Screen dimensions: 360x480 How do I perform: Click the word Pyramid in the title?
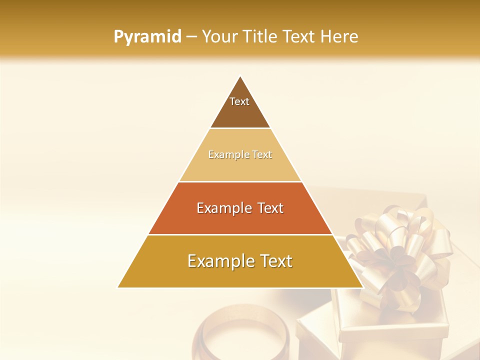147,37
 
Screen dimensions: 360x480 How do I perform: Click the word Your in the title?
218,37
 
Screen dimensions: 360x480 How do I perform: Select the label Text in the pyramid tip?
239,101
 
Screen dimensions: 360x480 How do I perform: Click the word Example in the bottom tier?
219,261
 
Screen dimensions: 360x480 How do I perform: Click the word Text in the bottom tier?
274,261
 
